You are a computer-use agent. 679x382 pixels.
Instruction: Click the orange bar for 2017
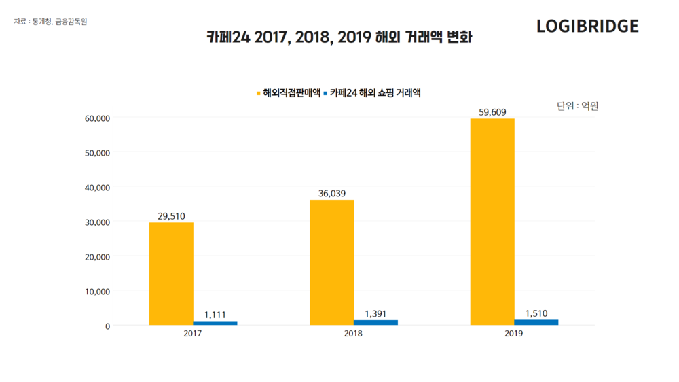(x=171, y=273)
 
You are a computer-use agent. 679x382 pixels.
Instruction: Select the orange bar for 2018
(x=331, y=262)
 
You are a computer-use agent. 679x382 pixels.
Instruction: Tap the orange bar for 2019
(x=492, y=222)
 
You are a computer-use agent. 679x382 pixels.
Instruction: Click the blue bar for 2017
(x=215, y=323)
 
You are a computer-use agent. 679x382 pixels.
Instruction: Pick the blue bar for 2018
(x=375, y=322)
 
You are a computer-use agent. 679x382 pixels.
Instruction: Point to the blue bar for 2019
(x=536, y=322)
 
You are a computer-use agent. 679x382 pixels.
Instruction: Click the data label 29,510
(x=171, y=216)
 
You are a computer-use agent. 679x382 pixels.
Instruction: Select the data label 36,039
(x=331, y=194)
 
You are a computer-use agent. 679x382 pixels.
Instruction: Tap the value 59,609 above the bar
(x=492, y=112)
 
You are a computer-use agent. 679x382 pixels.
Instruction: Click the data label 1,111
(x=215, y=315)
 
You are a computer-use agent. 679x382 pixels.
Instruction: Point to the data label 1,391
(x=375, y=314)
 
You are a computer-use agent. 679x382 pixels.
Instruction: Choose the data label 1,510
(x=536, y=313)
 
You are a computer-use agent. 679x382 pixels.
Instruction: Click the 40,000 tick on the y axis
(x=96, y=187)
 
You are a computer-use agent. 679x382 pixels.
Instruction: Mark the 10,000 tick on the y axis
(x=96, y=291)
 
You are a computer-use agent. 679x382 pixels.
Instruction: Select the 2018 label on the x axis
(x=353, y=334)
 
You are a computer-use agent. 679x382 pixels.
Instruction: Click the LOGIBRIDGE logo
(x=587, y=27)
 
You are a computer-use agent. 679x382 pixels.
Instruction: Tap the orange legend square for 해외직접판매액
(x=258, y=92)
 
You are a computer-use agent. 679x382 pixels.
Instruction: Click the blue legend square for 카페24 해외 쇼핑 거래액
(x=326, y=92)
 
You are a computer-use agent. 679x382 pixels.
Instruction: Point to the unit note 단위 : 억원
(x=577, y=106)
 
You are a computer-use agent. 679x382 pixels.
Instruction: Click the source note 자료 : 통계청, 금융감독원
(x=50, y=22)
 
